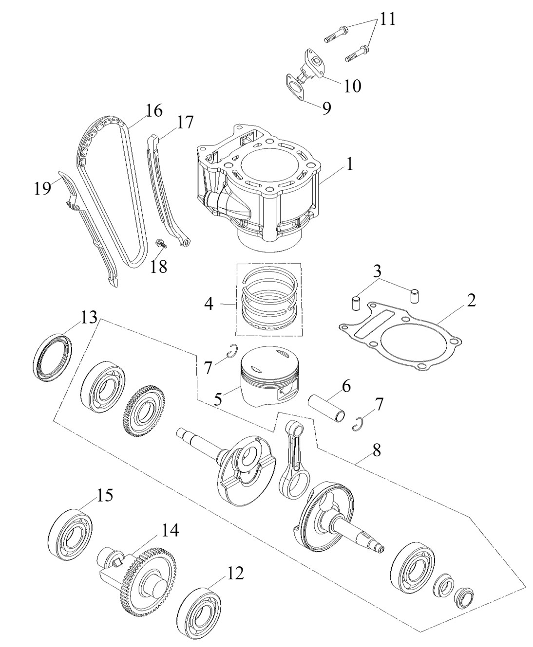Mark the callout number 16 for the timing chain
point(154,111)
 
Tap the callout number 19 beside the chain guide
point(43,188)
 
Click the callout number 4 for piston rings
point(209,305)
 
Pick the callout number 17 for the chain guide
point(185,122)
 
